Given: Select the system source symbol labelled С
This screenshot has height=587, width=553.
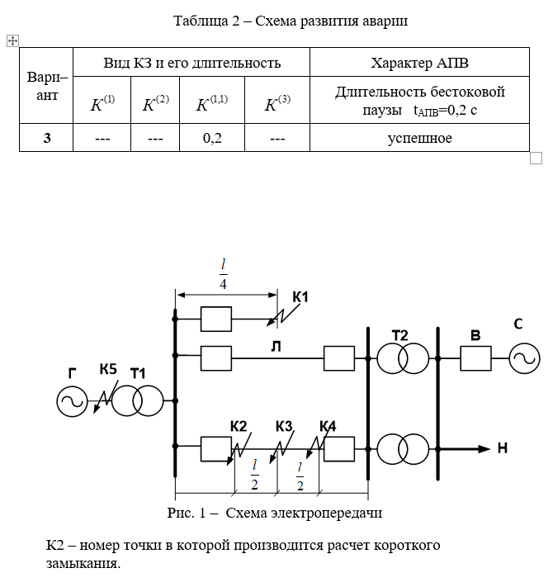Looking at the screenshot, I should [x=523, y=358].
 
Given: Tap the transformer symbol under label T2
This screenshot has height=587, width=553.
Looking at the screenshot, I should [x=403, y=358].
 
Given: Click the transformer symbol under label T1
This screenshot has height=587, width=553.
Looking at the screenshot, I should [x=138, y=401].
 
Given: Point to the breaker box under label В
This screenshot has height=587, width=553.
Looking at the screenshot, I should [x=475, y=358].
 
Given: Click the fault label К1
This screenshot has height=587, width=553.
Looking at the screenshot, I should [x=300, y=296].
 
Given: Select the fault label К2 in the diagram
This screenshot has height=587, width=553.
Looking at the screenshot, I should [x=239, y=426].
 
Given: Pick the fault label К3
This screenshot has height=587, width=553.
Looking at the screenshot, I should [x=284, y=426].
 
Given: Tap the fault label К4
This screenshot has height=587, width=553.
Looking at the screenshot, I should [x=328, y=426].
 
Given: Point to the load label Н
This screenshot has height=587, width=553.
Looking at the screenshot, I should [x=503, y=449].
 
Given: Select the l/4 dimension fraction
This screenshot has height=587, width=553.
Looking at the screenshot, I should [x=223, y=273].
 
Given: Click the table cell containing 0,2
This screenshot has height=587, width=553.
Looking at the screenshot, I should [x=212, y=138].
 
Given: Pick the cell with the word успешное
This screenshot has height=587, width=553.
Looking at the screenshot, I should [x=419, y=138].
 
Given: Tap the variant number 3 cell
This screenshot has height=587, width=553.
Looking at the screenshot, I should [x=47, y=138].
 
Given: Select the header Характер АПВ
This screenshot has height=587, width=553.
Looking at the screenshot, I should [x=419, y=63].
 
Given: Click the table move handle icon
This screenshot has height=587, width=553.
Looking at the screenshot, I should [x=12, y=40].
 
